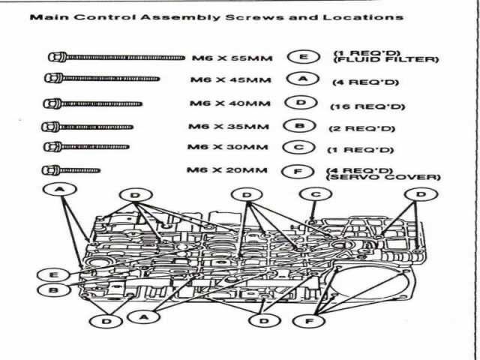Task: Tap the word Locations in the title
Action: [x=363, y=16]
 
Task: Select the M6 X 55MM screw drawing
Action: [x=116, y=57]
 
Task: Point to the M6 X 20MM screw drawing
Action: [x=71, y=170]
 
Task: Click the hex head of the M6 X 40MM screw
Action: [x=52, y=103]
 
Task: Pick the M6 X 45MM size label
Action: [x=231, y=80]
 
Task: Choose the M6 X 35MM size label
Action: [x=229, y=126]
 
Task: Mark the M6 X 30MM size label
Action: [x=228, y=147]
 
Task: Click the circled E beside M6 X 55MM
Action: [x=304, y=57]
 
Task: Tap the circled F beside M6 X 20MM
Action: [x=298, y=172]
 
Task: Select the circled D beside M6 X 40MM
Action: [x=301, y=103]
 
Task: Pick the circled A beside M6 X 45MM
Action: [x=303, y=79]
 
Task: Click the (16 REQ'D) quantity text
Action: [x=367, y=106]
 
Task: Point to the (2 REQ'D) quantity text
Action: [x=361, y=128]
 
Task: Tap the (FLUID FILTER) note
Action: [x=386, y=59]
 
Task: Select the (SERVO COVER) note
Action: [x=383, y=177]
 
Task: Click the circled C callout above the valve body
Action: [x=316, y=194]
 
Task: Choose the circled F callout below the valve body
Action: [x=309, y=321]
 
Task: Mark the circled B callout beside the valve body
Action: [x=53, y=289]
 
